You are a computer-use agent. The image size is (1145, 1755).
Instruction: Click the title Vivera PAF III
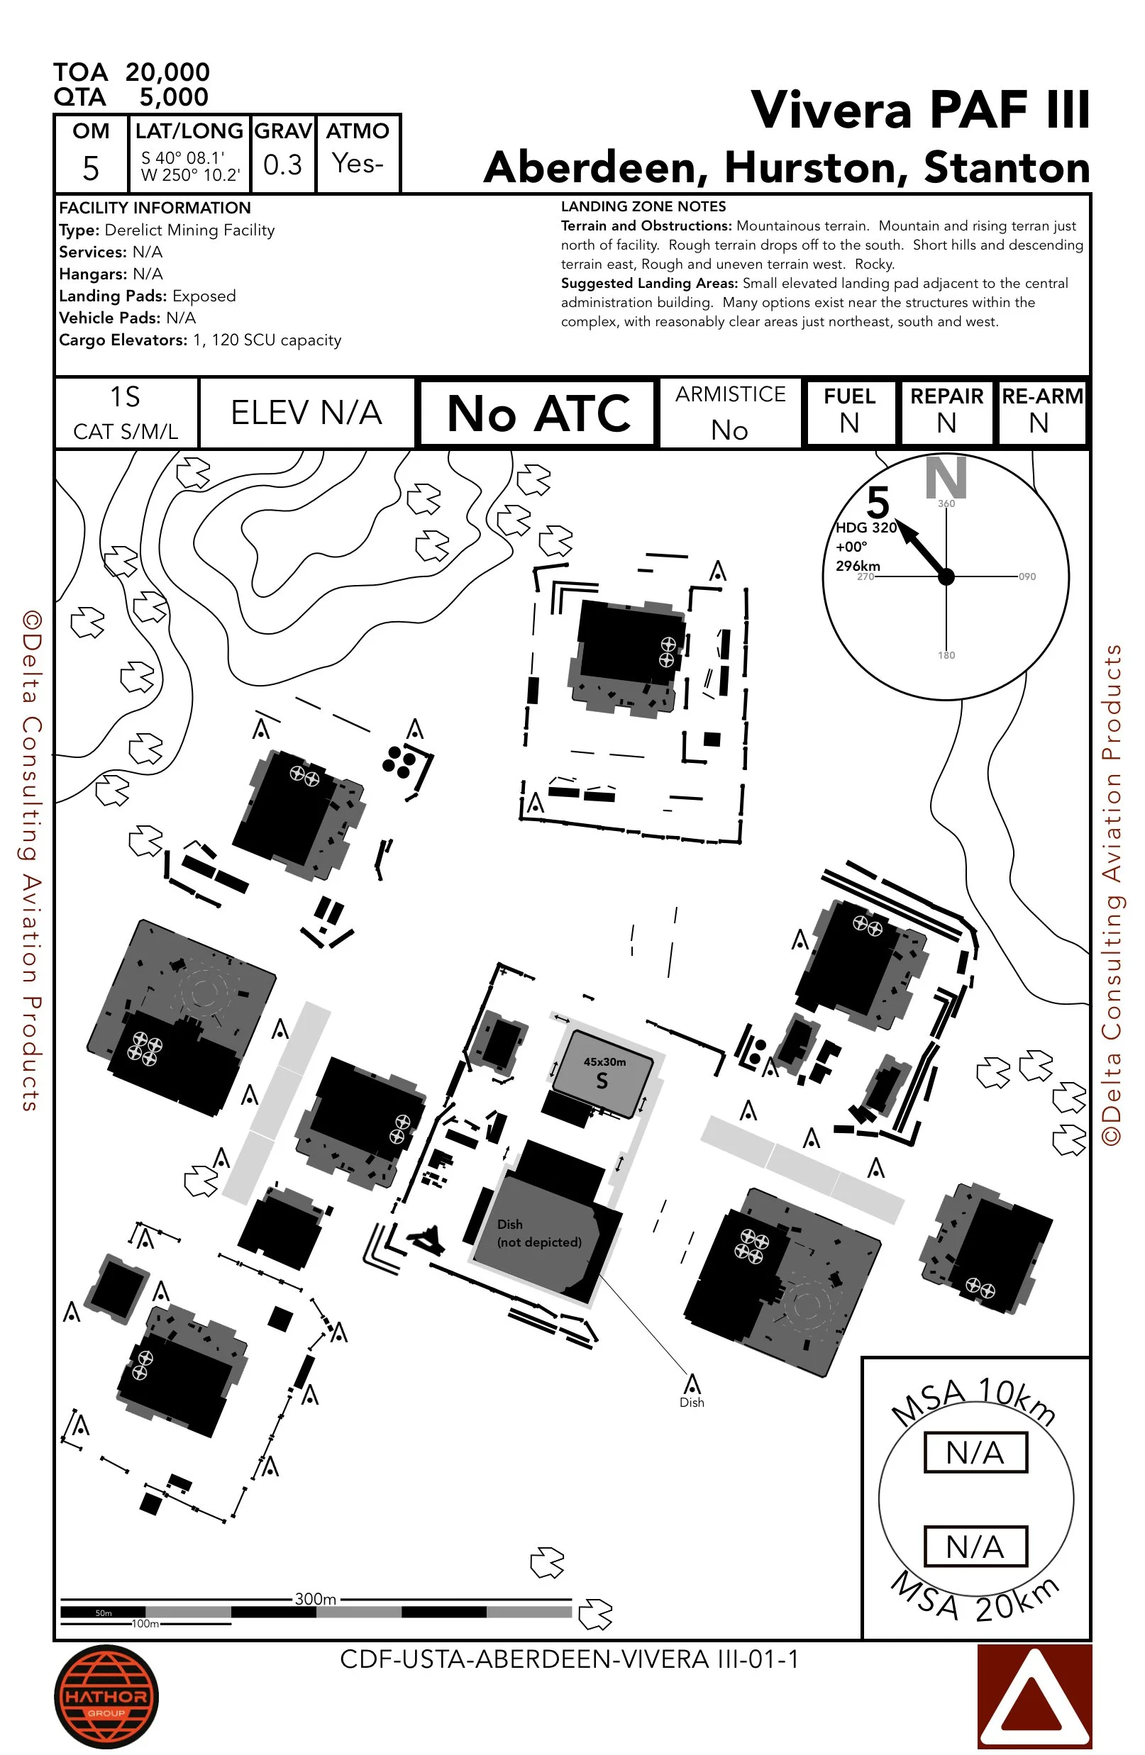(x=919, y=111)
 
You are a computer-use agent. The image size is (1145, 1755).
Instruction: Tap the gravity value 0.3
(x=282, y=165)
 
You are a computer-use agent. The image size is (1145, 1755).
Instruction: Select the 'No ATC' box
(x=538, y=413)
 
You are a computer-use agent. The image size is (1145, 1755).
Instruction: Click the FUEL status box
(x=850, y=411)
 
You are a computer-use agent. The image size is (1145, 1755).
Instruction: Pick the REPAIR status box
(x=946, y=411)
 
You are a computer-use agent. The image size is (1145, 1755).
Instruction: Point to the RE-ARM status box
(x=1041, y=411)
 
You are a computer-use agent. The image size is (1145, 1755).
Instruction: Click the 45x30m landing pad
(x=603, y=1074)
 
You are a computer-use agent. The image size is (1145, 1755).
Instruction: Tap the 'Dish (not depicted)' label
(x=538, y=1233)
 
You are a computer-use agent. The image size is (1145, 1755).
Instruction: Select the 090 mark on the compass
(x=1027, y=576)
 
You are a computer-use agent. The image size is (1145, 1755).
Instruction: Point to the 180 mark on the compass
(x=946, y=654)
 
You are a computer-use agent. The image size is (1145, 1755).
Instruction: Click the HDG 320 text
(x=866, y=528)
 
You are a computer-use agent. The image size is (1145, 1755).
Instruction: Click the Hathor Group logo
(x=106, y=1696)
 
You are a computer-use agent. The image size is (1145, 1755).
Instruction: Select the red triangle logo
(x=1034, y=1696)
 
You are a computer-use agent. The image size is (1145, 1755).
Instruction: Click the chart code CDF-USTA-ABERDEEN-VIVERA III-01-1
(x=569, y=1659)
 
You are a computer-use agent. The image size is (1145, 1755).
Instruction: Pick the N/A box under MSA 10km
(x=975, y=1453)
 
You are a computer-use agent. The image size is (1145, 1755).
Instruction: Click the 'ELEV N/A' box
(x=306, y=413)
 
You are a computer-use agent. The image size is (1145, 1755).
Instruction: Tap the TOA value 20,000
(x=167, y=72)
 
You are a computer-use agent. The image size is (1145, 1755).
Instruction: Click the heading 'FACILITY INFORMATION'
(x=155, y=208)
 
